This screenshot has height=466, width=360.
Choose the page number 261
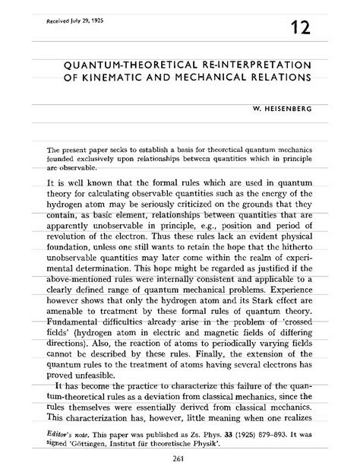pos(180,455)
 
